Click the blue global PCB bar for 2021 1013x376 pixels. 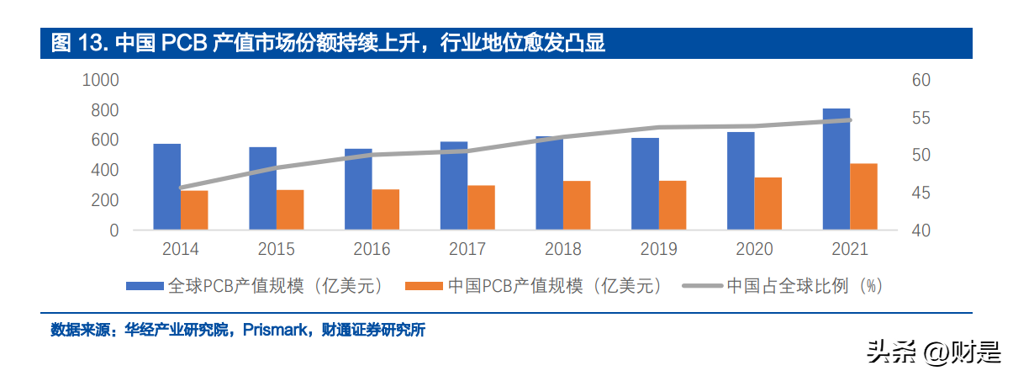tap(836, 169)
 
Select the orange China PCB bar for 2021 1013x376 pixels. tap(863, 196)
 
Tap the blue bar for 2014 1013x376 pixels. tap(167, 187)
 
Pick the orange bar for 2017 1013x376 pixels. tap(481, 207)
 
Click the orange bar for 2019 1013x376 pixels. tap(673, 205)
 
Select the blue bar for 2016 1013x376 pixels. tap(358, 189)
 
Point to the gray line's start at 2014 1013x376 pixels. tap(181, 188)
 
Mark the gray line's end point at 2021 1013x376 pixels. tap(850, 120)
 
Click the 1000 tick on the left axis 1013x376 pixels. tap(100, 80)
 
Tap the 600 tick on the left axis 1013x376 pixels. tap(105, 140)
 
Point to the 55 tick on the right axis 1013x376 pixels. tap(921, 118)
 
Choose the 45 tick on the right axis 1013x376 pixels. tap(921, 193)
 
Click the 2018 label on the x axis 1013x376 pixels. tap(562, 249)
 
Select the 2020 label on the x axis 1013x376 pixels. tap(754, 249)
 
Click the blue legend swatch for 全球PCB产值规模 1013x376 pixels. tap(145, 286)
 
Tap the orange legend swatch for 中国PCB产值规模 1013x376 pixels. tap(424, 286)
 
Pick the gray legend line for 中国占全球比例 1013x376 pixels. tap(702, 286)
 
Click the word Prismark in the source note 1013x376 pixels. tap(275, 330)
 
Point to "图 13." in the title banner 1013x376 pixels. tap(80, 43)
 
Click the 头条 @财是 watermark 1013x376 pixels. tap(933, 352)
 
